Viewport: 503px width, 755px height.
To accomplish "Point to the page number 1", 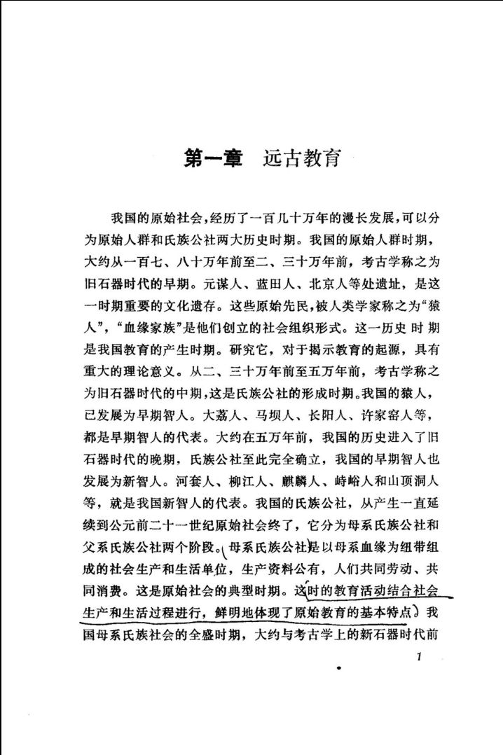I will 418,657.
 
